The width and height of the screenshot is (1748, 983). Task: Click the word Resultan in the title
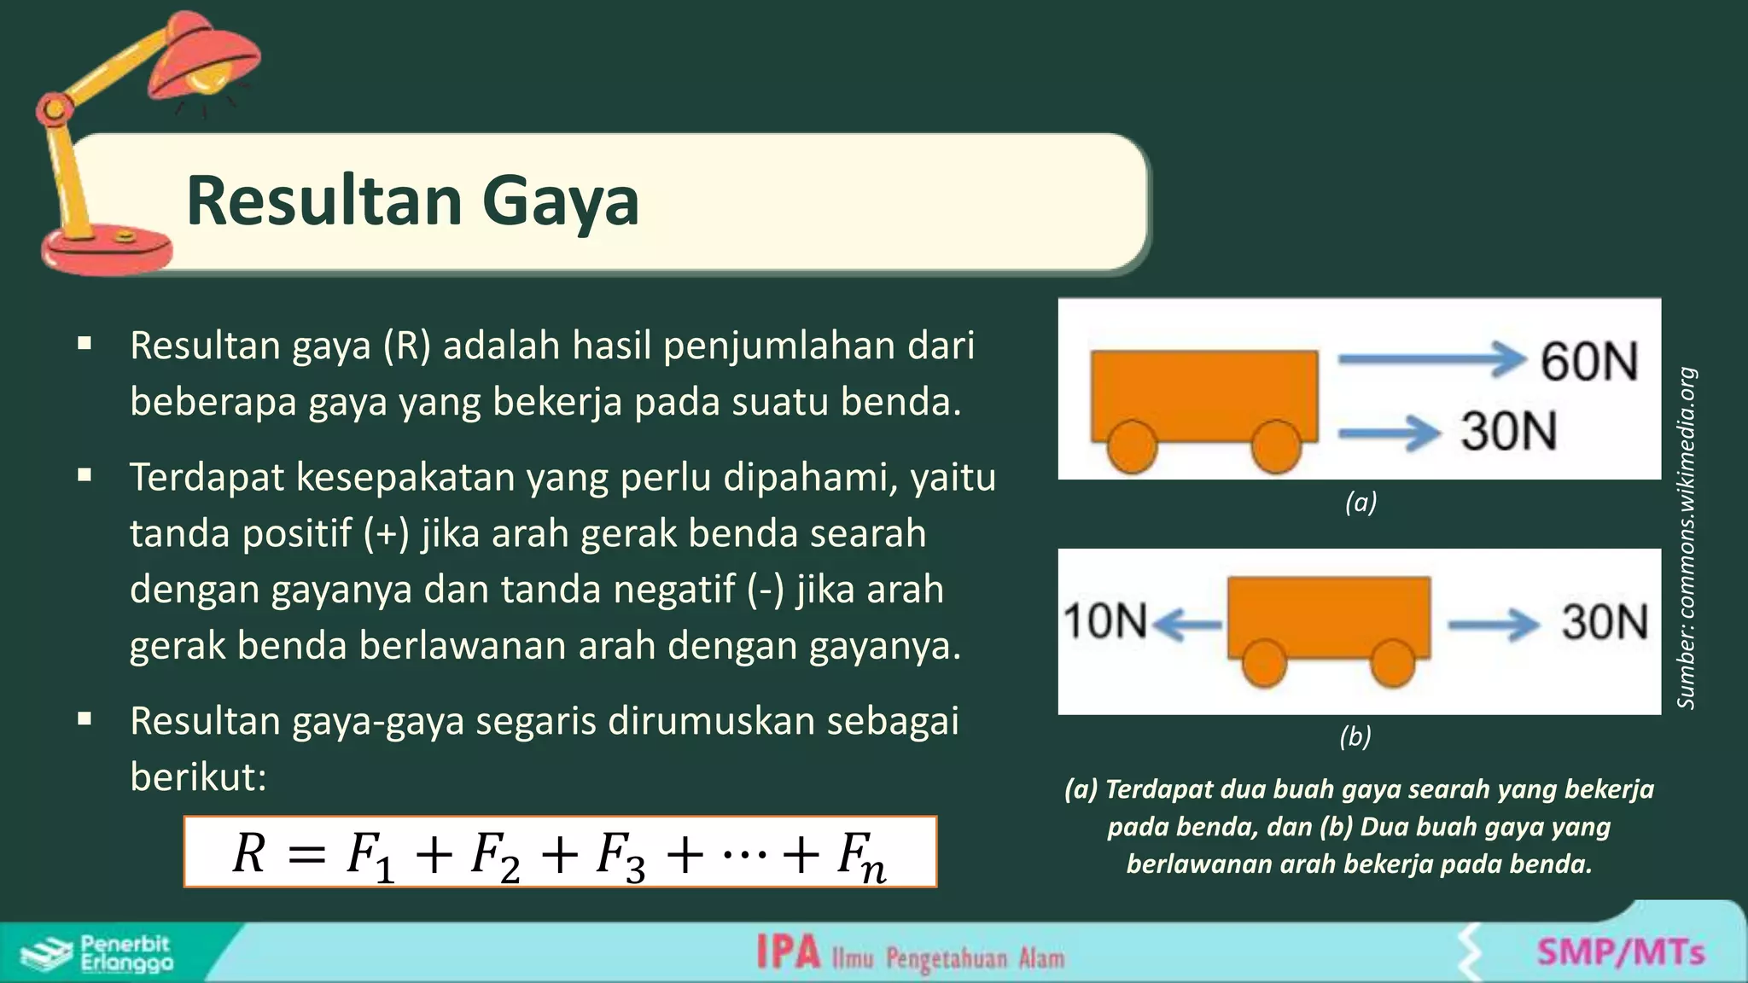[x=322, y=201]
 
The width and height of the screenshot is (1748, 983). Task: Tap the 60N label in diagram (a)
[x=1589, y=362]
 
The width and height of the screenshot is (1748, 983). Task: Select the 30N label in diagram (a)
[x=1509, y=431]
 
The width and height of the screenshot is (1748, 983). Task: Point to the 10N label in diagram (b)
[x=1105, y=620]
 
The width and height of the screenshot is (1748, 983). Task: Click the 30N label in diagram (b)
[x=1605, y=622]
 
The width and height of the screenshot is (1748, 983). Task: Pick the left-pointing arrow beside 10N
[x=1187, y=625]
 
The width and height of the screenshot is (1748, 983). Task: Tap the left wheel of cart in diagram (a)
[x=1132, y=446]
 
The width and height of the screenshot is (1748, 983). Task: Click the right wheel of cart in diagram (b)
[x=1393, y=662]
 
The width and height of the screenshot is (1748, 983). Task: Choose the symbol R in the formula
[x=249, y=852]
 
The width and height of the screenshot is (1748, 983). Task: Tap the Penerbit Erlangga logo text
[x=125, y=953]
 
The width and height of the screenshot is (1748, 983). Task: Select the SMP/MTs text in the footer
[x=1621, y=951]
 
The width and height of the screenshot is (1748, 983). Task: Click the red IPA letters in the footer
[x=788, y=952]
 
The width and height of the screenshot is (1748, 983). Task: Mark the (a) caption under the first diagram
[x=1361, y=502]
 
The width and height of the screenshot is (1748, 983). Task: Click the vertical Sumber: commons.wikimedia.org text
[x=1686, y=538]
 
